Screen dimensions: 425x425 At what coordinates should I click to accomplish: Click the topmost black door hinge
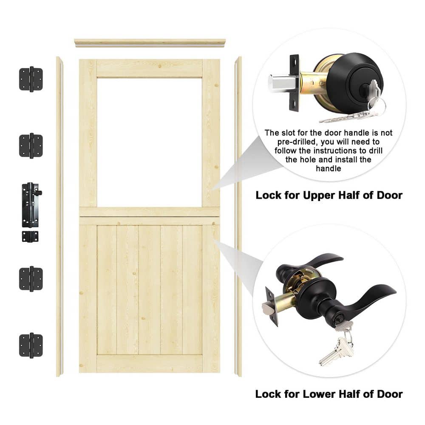pos(31,79)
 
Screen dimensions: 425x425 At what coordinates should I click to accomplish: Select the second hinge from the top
pos(31,145)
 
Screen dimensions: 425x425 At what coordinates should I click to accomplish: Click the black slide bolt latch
pos(31,205)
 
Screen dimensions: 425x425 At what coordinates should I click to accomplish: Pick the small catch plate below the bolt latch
pos(30,236)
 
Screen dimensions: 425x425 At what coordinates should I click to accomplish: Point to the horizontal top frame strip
pos(150,43)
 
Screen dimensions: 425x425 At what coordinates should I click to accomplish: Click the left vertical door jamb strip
pos(59,216)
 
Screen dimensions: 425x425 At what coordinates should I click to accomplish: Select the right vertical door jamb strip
pos(238,216)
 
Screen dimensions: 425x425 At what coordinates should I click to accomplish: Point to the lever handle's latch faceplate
pos(272,306)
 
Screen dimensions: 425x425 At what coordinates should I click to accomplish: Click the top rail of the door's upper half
pos(150,68)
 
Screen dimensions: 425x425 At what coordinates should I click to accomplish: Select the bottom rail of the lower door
pos(150,363)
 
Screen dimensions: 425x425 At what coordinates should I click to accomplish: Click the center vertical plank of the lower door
pos(149,290)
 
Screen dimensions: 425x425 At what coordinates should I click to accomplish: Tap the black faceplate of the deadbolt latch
pos(295,83)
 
